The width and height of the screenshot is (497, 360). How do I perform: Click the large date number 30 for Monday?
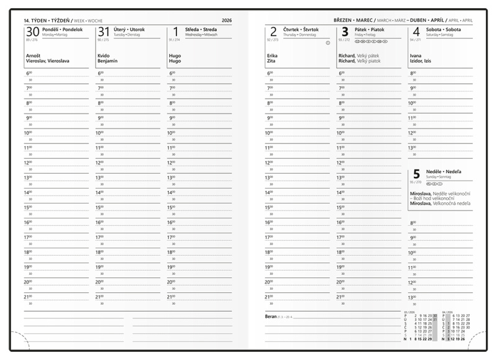tap(32, 32)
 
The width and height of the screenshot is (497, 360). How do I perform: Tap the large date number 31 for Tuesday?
tap(104, 32)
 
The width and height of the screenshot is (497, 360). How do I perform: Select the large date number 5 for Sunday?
tap(416, 175)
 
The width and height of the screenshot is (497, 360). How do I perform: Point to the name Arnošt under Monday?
tap(34, 56)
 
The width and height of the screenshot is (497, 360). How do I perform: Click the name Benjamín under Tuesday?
tap(107, 61)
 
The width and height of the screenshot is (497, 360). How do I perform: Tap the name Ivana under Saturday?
tap(416, 56)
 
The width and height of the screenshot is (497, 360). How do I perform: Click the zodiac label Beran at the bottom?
tap(271, 317)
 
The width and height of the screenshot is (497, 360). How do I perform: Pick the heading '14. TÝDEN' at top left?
tap(38, 21)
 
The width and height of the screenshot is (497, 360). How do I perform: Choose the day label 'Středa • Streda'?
tap(201, 29)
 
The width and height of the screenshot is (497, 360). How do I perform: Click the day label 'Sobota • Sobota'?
tap(444, 29)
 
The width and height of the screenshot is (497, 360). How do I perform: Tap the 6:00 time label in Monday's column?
tap(29, 73)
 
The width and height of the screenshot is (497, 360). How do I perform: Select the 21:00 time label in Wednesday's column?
tap(172, 297)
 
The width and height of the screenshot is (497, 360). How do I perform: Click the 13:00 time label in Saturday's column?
tap(411, 148)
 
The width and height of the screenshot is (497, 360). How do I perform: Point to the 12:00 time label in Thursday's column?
tap(270, 163)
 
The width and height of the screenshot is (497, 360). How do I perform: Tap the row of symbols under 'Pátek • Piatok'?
tap(371, 41)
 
